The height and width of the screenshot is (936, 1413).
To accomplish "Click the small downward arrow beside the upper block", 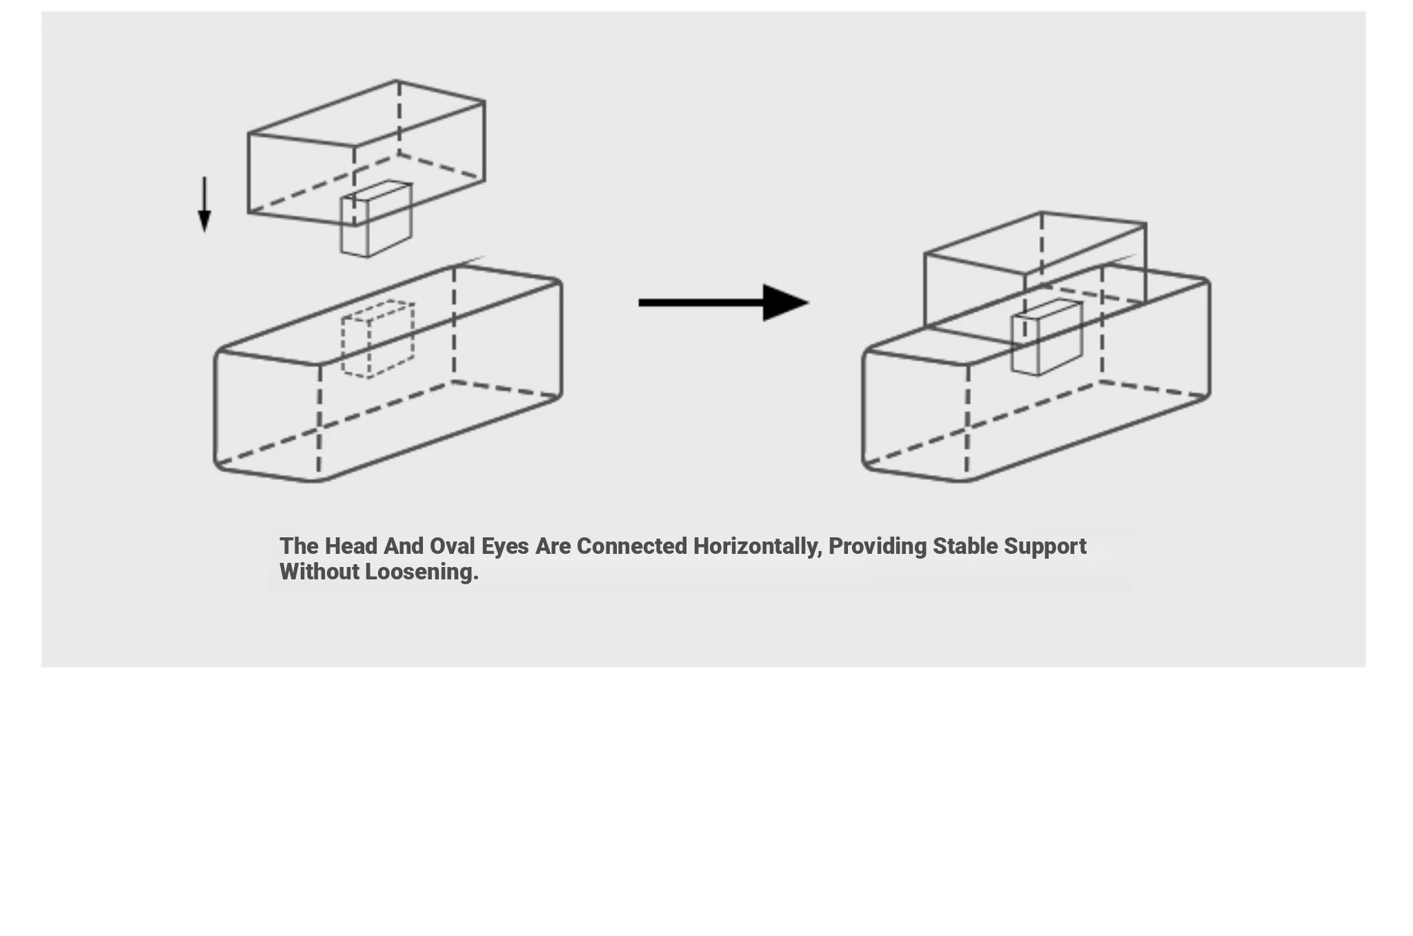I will click(x=204, y=203).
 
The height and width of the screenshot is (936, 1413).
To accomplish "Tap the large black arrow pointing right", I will click(x=722, y=303).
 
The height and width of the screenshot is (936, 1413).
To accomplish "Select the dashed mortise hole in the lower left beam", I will click(x=377, y=339).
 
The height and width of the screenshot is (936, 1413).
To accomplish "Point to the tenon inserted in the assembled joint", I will click(x=1046, y=337).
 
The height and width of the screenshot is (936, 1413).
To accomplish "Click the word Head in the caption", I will click(x=351, y=546).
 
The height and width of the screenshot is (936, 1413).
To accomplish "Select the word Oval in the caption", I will click(x=452, y=546).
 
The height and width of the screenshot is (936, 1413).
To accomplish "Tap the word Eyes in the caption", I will click(x=504, y=546).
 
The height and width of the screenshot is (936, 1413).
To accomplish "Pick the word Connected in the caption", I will click(x=631, y=546).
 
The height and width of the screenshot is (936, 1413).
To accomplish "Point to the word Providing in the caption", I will click(x=877, y=546).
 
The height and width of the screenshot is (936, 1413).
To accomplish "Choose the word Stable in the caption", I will click(x=965, y=546).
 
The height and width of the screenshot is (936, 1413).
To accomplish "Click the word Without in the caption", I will click(x=319, y=572).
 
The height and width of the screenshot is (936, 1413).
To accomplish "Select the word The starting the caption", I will click(x=299, y=546).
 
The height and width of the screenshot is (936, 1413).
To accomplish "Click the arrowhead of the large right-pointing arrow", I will click(x=784, y=303).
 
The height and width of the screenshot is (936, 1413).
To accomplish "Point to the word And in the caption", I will click(x=403, y=546).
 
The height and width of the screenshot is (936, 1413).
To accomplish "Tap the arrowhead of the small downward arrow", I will click(x=204, y=221).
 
